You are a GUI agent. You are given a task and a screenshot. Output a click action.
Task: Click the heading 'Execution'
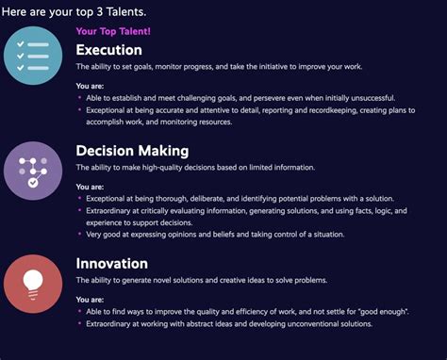coord(108,50)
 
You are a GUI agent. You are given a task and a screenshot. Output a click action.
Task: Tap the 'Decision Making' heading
coord(133,150)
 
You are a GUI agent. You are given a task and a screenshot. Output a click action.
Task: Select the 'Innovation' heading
coord(111,263)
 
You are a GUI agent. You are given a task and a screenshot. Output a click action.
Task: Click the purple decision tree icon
coord(33,171)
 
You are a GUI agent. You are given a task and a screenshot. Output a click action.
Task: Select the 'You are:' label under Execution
coord(91,86)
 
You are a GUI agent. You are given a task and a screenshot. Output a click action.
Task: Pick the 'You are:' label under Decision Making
coord(91,187)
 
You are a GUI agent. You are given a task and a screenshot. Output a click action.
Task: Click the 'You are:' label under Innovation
coord(91,300)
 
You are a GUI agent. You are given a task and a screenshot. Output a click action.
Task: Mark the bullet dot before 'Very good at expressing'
coord(79,234)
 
